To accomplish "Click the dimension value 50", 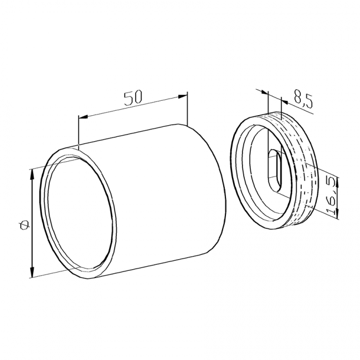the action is (133, 98).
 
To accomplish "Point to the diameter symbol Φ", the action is (24, 224).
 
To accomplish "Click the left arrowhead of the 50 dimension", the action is (83, 117).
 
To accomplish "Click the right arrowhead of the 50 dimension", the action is (183, 97).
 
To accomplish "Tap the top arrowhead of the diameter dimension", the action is (32, 174).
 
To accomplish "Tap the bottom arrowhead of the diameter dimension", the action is (32, 272).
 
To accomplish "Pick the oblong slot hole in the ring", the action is (274, 171).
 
